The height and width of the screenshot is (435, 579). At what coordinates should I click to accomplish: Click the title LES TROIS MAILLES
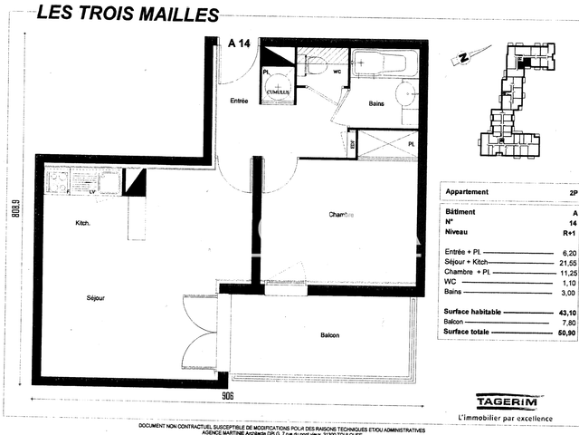128,14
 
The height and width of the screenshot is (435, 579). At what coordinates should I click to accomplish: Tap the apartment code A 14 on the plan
240,43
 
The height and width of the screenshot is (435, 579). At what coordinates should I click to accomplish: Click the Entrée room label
239,101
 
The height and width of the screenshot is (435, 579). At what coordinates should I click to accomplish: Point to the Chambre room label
341,215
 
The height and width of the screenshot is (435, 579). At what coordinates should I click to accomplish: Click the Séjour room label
96,298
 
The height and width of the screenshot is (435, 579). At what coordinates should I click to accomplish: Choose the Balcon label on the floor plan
329,336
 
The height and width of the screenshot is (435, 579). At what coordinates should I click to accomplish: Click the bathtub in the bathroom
384,64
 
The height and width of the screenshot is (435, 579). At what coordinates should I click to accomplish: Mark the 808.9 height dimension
14,216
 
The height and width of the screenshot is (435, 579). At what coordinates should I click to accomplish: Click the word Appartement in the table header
469,192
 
